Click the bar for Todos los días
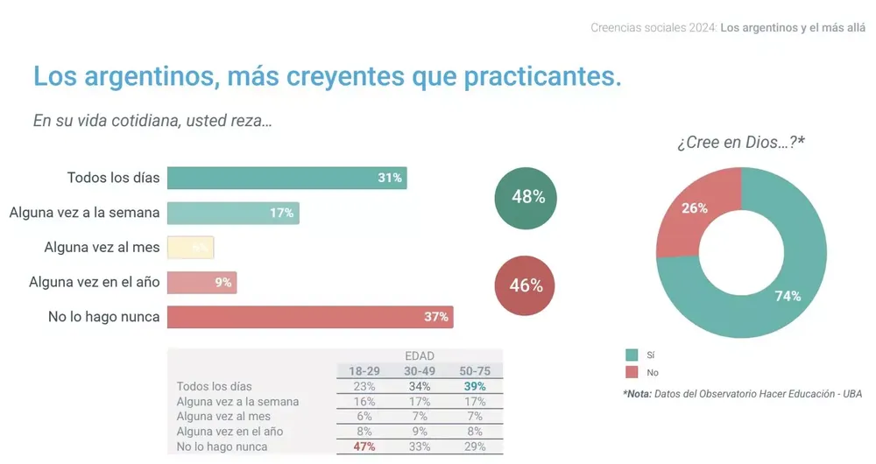click(286, 178)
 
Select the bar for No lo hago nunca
click(309, 317)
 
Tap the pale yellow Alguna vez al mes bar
click(190, 248)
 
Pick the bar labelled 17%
click(232, 213)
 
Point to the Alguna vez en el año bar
click(201, 283)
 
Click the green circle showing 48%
click(527, 198)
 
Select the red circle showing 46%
click(526, 285)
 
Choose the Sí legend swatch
click(632, 355)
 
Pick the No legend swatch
click(632, 372)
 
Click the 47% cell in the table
click(364, 446)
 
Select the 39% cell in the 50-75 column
click(476, 386)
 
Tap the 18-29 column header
click(364, 371)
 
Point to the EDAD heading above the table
click(420, 356)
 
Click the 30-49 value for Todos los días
click(420, 386)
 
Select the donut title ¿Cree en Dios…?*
click(740, 142)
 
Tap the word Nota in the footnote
click(639, 394)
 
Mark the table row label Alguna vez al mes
click(223, 417)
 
